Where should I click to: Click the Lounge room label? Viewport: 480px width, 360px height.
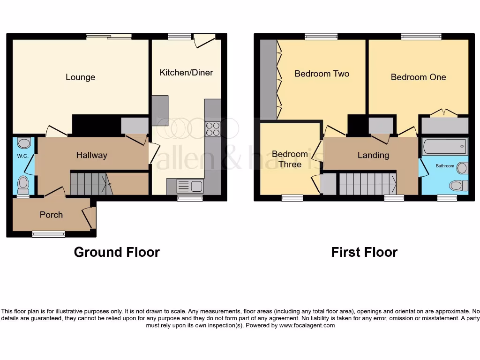(x=80, y=77)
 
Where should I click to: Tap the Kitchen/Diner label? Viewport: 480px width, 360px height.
(x=186, y=72)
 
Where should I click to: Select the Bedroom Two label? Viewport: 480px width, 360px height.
(x=322, y=74)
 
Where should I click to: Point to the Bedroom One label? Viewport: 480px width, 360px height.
(x=418, y=77)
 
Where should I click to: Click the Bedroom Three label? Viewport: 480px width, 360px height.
(x=290, y=159)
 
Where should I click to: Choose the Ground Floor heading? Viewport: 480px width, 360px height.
(x=117, y=252)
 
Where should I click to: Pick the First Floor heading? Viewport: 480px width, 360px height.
(x=364, y=252)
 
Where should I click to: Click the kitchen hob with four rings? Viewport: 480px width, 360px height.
(x=212, y=128)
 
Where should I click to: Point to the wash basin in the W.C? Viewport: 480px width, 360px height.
(x=23, y=142)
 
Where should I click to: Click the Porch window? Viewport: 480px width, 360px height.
(x=48, y=234)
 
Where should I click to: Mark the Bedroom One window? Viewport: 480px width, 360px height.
(x=421, y=37)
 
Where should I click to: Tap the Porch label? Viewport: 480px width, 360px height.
(x=51, y=215)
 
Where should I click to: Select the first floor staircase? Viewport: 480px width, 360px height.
(x=367, y=183)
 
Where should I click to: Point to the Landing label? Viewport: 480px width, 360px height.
(x=373, y=155)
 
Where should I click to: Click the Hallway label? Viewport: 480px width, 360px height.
(x=92, y=155)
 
